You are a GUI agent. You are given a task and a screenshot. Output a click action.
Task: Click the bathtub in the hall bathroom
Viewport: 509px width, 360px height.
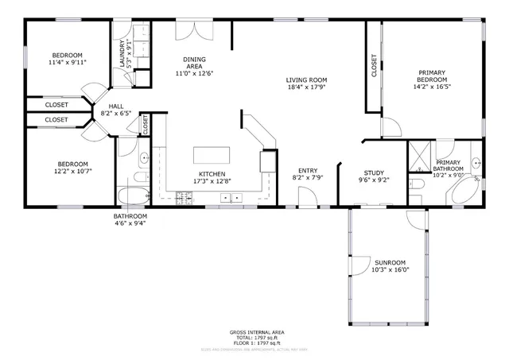click(132, 196)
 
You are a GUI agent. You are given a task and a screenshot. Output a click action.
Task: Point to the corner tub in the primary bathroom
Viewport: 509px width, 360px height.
click(462, 192)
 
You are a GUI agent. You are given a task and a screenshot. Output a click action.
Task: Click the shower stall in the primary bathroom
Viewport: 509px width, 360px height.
click(419, 157)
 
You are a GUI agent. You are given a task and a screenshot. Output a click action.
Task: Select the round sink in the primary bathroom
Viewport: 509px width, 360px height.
click(476, 164)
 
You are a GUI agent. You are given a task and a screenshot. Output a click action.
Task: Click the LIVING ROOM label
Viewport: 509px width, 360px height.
click(307, 80)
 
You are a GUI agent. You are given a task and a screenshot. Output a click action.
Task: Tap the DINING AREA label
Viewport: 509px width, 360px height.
click(194, 63)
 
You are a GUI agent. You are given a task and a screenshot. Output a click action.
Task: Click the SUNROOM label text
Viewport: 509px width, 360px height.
click(390, 262)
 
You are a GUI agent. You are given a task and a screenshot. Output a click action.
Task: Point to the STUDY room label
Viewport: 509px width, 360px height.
click(374, 172)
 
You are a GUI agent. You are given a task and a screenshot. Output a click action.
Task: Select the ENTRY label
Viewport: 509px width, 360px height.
click(308, 171)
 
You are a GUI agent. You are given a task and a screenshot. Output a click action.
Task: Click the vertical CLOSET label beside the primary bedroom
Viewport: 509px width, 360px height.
click(374, 65)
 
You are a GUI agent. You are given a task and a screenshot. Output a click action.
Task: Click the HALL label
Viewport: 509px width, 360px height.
click(116, 105)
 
